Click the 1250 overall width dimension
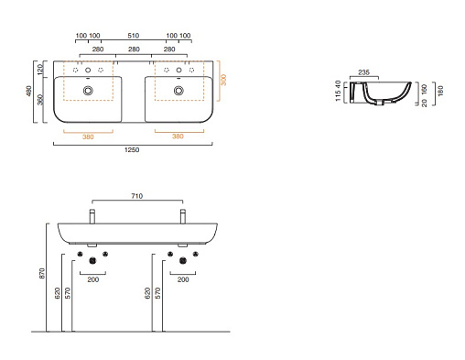pos(132,149)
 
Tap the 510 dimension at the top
pos(134,36)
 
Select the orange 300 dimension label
pos(223,80)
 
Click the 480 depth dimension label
pos(28,91)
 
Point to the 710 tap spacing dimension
pos(137,196)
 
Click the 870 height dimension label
pos(42,273)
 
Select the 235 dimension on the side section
pos(363,72)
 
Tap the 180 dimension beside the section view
pos(440,91)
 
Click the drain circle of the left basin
pos(88,91)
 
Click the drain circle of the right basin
pos(178,91)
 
